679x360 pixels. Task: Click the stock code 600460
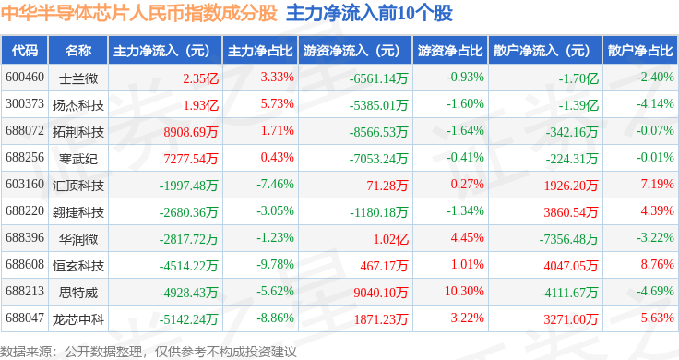(x=25, y=78)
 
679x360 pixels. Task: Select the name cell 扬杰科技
(x=78, y=105)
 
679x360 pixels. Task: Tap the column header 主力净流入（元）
(x=161, y=51)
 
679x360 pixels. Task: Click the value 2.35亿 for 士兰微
(x=200, y=78)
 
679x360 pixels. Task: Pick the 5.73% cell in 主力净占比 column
(x=277, y=104)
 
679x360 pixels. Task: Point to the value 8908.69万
(x=191, y=132)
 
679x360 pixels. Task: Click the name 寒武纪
(x=78, y=159)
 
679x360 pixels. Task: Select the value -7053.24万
(x=378, y=159)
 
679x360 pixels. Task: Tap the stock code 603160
(x=25, y=184)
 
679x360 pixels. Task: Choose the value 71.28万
(x=387, y=186)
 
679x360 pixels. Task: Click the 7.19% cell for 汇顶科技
(x=658, y=184)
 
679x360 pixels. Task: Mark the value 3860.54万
(x=571, y=212)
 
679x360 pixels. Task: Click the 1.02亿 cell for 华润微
(x=391, y=239)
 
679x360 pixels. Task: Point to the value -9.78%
(x=276, y=264)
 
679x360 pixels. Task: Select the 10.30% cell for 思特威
(x=464, y=291)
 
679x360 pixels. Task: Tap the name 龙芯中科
(x=78, y=319)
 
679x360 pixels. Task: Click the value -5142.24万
(x=188, y=319)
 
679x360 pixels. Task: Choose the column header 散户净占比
(x=640, y=51)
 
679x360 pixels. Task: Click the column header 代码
(x=25, y=51)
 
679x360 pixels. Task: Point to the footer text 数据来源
(x=26, y=352)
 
